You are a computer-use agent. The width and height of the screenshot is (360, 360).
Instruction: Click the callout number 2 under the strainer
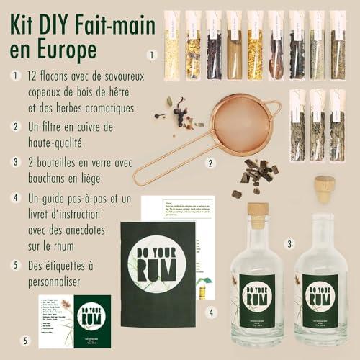pos(211,163)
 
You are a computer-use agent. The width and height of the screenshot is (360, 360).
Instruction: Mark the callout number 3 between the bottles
pos(289,243)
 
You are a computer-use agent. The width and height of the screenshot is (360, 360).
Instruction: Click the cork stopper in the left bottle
pos(258,215)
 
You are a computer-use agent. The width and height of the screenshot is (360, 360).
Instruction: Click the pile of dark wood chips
pos(257,174)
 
